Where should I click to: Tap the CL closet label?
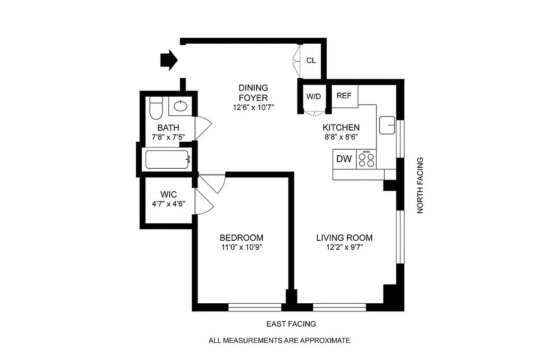click(x=311, y=61)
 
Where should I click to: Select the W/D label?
click(x=313, y=96)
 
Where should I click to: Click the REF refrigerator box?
click(x=344, y=96)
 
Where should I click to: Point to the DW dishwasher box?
click(x=344, y=159)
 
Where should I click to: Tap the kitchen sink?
click(x=387, y=125)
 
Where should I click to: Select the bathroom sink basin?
click(x=180, y=106)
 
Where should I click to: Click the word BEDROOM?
click(x=241, y=238)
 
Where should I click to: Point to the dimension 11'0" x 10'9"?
click(x=241, y=247)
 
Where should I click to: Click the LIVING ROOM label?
click(x=344, y=238)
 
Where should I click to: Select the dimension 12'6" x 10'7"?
click(x=253, y=107)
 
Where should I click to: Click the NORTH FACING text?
click(x=420, y=185)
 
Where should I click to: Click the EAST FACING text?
click(x=291, y=324)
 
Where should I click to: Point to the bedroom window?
click(x=255, y=307)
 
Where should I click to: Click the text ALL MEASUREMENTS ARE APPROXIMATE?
click(x=279, y=341)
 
